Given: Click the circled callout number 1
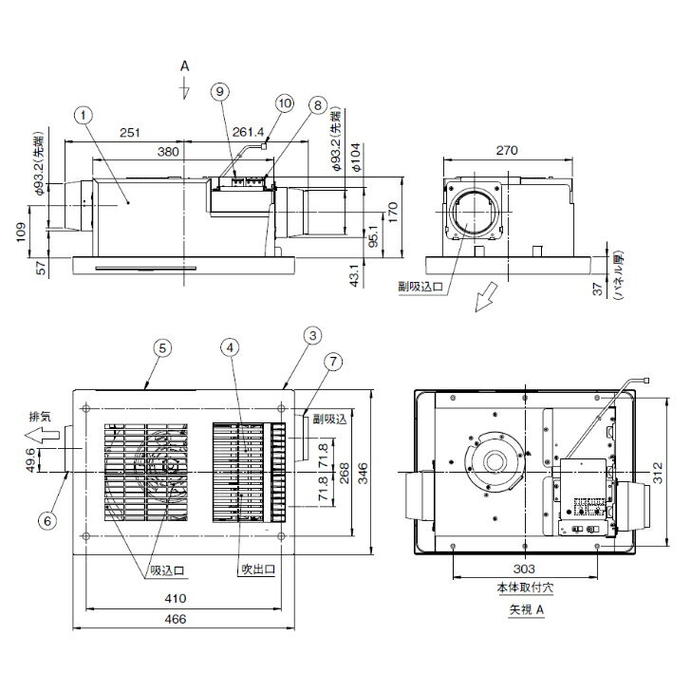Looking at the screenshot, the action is [84, 116].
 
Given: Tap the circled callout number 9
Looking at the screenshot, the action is [220, 92].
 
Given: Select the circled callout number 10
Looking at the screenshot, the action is [285, 103].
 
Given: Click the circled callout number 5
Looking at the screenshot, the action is [162, 348].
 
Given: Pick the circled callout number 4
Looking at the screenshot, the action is [230, 348].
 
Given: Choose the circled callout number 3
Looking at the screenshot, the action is [313, 336].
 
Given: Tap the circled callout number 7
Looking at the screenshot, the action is [333, 362].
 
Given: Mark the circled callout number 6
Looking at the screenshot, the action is [47, 521].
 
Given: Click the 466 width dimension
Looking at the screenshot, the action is [176, 619].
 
